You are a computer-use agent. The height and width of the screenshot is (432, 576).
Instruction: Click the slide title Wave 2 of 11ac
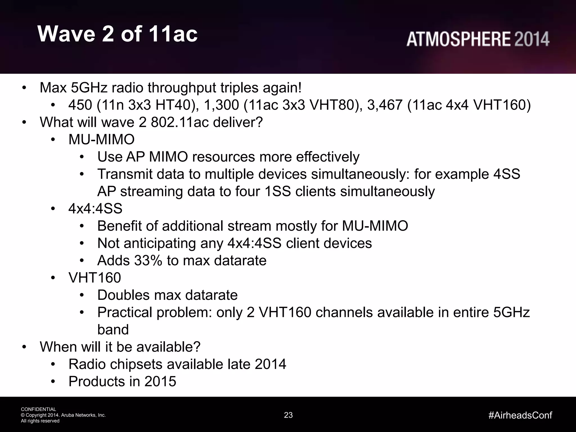118,34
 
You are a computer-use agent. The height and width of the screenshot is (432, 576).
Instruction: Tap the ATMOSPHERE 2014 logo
478,39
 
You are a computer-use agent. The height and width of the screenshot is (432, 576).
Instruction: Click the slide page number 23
288,415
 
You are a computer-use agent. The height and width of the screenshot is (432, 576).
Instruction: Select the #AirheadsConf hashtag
520,415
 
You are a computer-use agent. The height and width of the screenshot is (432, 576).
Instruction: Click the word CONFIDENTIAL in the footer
39,409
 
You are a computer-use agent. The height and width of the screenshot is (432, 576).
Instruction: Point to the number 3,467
385,105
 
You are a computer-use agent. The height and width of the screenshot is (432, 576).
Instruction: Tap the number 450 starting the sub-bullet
80,105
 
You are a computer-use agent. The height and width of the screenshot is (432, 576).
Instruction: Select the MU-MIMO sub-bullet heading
102,139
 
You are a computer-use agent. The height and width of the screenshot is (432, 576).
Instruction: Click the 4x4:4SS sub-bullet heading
95,209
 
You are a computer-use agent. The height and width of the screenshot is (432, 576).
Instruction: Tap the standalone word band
113,330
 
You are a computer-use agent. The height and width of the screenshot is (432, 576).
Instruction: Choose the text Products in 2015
122,381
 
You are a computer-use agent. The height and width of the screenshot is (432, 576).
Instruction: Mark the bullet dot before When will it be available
24,347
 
